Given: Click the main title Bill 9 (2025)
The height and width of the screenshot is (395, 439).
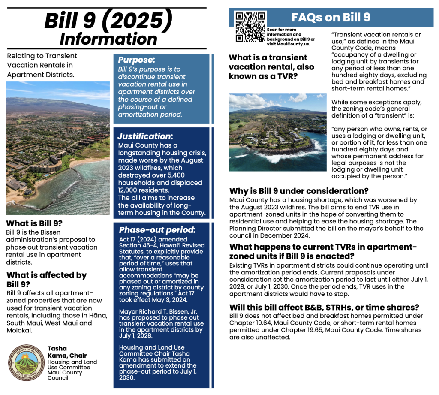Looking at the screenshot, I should tap(108, 21).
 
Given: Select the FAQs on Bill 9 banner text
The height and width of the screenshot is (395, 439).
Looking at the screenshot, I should tap(331, 17).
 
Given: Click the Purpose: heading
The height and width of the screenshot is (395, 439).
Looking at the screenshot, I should tap(136, 60).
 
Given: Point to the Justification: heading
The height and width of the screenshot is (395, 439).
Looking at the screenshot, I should tap(145, 136).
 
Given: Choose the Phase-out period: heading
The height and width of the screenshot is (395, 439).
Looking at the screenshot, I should tap(157, 230).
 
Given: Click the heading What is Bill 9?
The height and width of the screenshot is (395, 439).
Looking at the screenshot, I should tap(34, 223).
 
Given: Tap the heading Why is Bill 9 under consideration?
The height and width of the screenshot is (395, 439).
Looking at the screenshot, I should tap(299, 191).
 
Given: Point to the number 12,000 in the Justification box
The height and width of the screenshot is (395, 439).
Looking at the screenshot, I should tap(131, 190).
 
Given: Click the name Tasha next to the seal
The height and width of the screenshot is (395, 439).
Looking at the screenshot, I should tap(57, 349).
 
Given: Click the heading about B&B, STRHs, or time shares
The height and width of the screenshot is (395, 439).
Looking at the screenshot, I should tap(324, 308).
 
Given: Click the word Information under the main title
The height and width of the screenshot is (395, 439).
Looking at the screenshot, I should tap(108, 39).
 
